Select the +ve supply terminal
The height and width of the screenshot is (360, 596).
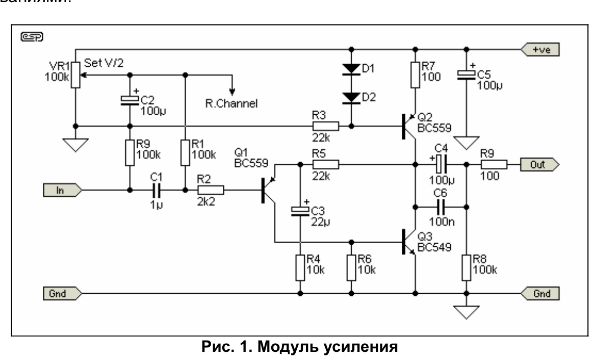tap(540, 49)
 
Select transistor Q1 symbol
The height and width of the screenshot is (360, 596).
tap(268, 190)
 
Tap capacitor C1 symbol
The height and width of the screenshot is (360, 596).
tap(157, 190)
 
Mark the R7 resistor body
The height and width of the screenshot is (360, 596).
tap(416, 75)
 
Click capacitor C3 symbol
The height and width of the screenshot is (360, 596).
tap(300, 211)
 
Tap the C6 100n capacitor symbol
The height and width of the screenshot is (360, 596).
tap(442, 207)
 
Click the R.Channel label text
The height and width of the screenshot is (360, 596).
tap(235, 104)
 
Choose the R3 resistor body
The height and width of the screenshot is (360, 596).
tap(325, 125)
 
